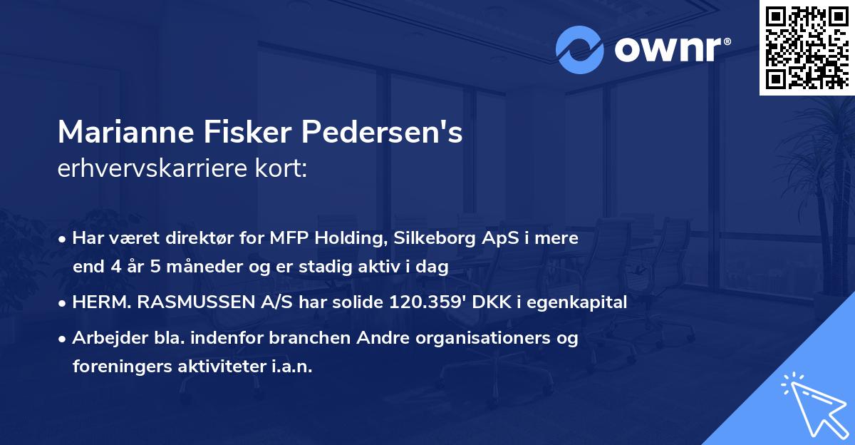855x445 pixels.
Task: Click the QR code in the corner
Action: [x=807, y=47]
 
